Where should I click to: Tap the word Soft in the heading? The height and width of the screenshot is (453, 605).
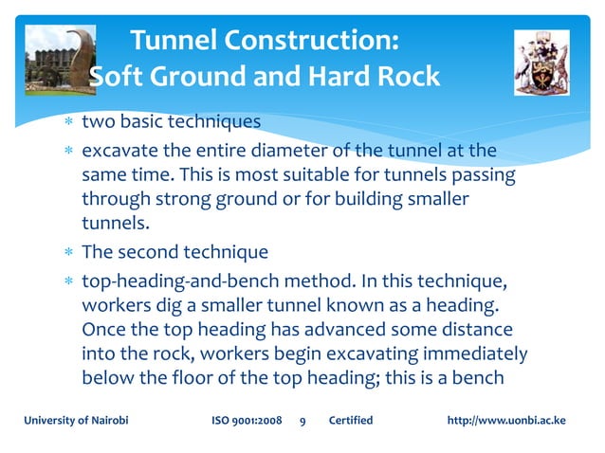pyautogui.click(x=118, y=77)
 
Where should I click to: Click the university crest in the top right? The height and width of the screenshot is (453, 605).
pyautogui.click(x=541, y=61)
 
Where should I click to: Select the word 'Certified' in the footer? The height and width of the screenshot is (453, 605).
pyautogui.click(x=350, y=421)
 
